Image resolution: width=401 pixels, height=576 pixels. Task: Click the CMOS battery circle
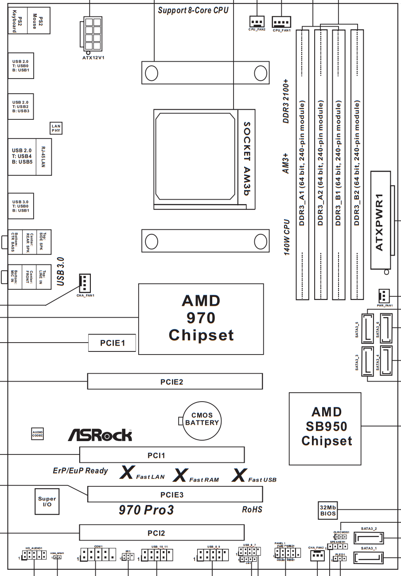pos(202,419)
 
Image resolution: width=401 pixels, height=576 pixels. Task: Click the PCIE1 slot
pos(112,343)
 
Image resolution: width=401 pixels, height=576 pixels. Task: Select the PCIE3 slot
pos(175,494)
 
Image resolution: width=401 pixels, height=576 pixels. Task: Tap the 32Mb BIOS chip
pos(327,510)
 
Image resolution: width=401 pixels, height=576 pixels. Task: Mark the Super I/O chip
pos(47,501)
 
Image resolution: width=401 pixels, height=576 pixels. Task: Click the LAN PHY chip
pos(56,128)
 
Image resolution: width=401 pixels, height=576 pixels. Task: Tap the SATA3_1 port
pos(368,558)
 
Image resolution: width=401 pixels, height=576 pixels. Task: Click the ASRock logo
pos(100,435)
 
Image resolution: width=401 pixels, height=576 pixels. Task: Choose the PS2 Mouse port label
pos(39,20)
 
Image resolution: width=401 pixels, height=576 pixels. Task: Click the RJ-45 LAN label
pos(43,157)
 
